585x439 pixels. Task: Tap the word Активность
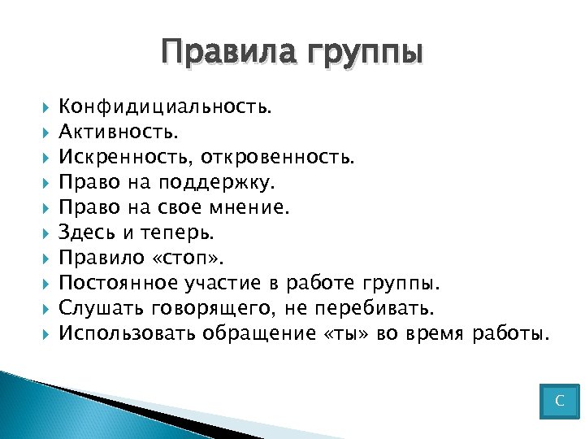pos(119,131)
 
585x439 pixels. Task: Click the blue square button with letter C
pos(559,401)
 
